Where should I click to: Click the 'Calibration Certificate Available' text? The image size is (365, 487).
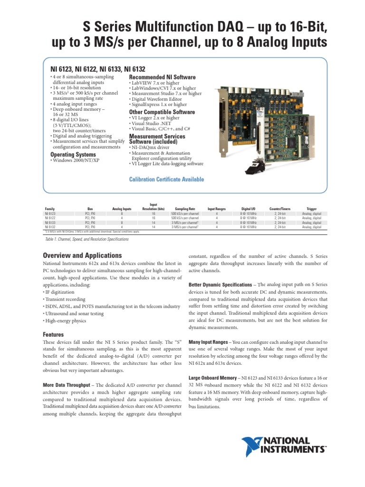167,179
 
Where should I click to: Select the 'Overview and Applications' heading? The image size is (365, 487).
82,255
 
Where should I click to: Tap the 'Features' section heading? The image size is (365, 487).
53,335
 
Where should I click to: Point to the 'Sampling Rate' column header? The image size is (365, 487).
185,209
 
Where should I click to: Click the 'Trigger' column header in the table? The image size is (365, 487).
311,209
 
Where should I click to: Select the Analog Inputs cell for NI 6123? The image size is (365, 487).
121,214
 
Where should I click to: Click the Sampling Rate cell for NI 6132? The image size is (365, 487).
185,227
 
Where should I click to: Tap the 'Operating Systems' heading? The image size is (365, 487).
73,155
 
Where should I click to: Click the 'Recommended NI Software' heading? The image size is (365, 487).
162,77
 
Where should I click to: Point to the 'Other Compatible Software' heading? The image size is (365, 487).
162,112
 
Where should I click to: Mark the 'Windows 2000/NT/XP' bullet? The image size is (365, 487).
76,161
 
